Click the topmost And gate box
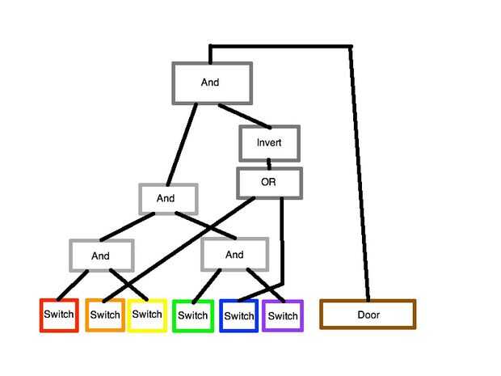point(212,82)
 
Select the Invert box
point(269,143)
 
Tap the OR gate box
point(268,183)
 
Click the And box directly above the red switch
point(100,256)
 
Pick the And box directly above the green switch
point(234,255)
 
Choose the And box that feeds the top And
point(167,198)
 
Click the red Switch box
point(58,315)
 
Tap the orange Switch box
point(105,315)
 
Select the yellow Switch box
point(147,315)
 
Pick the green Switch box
point(192,315)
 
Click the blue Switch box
point(238,315)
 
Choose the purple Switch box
point(283,315)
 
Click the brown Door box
point(368,315)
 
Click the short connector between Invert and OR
point(268,163)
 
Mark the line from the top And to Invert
point(244,116)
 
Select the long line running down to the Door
point(359,178)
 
